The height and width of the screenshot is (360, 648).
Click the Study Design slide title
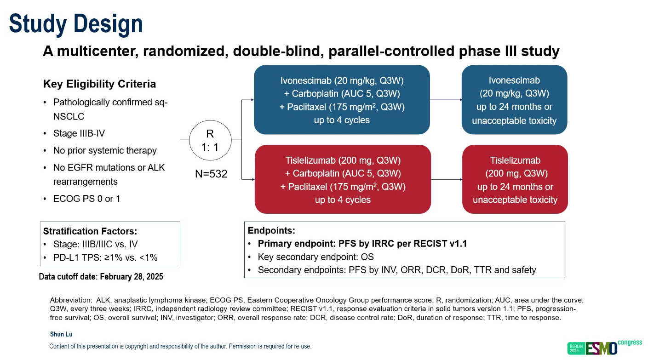(x=76, y=24)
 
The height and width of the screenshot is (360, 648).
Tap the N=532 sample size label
(x=211, y=174)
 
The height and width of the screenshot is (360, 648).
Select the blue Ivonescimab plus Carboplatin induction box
(x=342, y=100)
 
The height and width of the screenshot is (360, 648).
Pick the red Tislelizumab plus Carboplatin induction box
(x=343, y=180)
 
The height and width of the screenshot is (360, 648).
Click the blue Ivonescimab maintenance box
(x=514, y=100)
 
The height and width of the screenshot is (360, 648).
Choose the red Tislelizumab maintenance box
(x=515, y=180)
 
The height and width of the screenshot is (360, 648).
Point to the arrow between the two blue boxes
(x=446, y=100)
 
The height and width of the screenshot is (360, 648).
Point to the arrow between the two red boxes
(x=447, y=180)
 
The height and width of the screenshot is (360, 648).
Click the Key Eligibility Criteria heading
(x=99, y=84)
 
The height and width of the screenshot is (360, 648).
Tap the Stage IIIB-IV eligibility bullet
(x=79, y=134)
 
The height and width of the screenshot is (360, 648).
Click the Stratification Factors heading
(x=90, y=231)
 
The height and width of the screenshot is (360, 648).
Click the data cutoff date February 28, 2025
(x=101, y=277)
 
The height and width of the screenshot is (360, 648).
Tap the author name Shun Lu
(x=61, y=334)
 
